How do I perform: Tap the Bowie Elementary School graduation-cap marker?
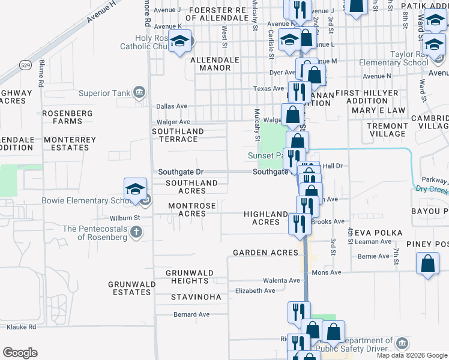click(x=136, y=190)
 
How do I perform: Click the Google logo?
click(x=20, y=352)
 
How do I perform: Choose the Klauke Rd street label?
click(x=22, y=327)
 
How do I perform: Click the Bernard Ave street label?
click(x=191, y=314)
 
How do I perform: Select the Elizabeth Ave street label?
click(x=255, y=291)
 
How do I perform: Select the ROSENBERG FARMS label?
click(x=67, y=117)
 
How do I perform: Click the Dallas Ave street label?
click(x=172, y=106)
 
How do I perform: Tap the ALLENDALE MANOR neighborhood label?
click(x=211, y=64)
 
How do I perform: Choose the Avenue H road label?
click(x=101, y=11)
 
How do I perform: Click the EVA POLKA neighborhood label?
click(x=372, y=233)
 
